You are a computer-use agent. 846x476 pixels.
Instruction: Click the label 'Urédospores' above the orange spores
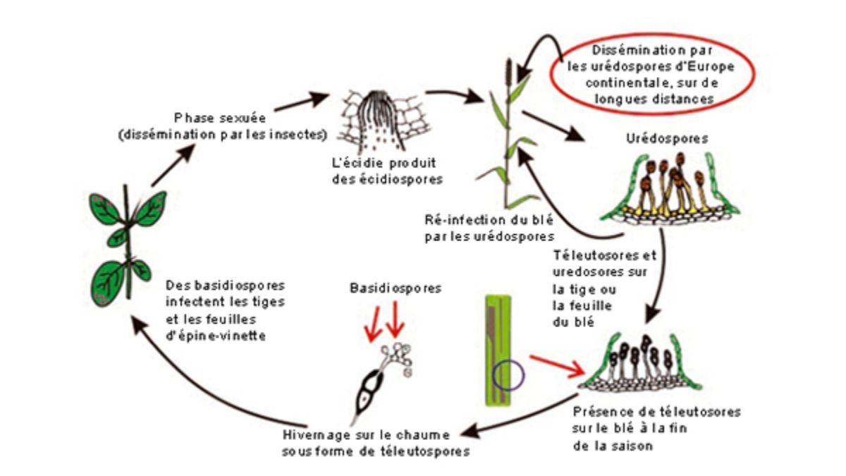coord(667,139)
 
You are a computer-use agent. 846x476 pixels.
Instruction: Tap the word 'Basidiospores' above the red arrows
coord(396,288)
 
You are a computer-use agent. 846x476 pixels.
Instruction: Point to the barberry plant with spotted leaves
coord(128,245)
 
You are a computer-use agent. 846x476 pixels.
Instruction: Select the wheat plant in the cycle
coord(508,134)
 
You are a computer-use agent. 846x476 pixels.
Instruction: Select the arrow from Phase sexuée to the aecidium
coord(301,102)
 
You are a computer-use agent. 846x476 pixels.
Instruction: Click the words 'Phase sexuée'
coord(220,118)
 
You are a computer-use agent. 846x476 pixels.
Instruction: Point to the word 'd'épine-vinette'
coord(215,336)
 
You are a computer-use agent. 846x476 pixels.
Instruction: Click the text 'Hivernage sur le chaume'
coord(366,435)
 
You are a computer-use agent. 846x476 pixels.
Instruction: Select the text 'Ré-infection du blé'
coord(489,220)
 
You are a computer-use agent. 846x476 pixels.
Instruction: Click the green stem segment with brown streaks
coord(498,351)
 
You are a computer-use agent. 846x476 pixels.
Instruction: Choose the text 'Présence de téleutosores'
coord(656,411)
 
